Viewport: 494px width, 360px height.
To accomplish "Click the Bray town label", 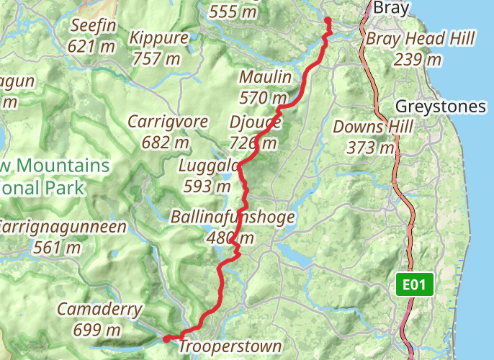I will [x=391, y=9].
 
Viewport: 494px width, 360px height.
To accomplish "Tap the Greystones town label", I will [x=441, y=107].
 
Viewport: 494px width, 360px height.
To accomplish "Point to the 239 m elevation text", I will [x=418, y=60].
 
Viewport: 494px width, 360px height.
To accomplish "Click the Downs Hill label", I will [x=373, y=127].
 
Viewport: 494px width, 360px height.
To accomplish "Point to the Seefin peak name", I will [x=94, y=26].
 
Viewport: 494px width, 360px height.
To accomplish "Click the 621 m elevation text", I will [x=92, y=46].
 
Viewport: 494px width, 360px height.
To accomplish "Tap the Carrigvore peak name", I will [x=168, y=122].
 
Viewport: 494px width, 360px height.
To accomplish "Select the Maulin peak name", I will [x=265, y=77].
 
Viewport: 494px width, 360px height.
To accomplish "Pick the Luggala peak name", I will [x=209, y=167].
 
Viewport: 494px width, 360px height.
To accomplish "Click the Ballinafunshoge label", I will [x=232, y=217].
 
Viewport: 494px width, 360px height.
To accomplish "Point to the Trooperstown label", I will [x=230, y=347].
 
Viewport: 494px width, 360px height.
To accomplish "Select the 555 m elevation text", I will [x=233, y=12].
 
